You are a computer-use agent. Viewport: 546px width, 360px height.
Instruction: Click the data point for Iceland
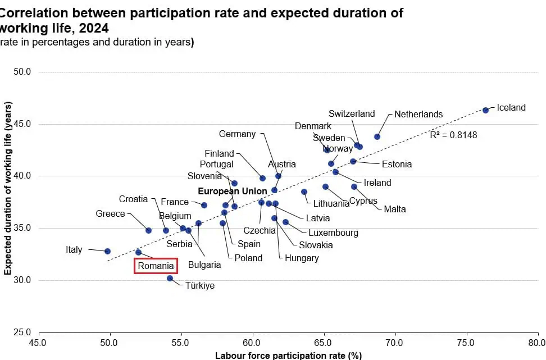point(485,110)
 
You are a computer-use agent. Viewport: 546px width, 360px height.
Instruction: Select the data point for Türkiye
point(170,278)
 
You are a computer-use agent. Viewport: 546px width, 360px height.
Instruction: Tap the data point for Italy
point(107,251)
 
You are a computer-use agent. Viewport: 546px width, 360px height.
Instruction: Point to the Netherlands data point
point(377,136)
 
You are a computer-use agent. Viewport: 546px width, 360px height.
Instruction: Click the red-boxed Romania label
point(156,266)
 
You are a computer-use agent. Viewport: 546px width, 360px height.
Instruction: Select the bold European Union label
point(233,192)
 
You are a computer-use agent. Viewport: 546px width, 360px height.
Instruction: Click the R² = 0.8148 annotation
point(453,135)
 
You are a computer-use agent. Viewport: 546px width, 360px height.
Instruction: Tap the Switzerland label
point(352,113)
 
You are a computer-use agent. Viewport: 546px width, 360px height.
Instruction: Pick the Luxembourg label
point(333,233)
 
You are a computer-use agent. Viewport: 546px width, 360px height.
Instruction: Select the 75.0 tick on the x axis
point(466,342)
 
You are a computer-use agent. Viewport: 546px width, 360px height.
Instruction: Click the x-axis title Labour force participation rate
point(288,355)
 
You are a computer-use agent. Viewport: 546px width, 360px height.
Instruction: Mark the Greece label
point(110,214)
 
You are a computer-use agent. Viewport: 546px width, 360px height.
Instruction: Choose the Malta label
point(395,209)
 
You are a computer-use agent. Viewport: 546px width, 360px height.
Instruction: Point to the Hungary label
point(302,258)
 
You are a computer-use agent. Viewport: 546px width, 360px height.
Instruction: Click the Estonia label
point(397,165)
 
